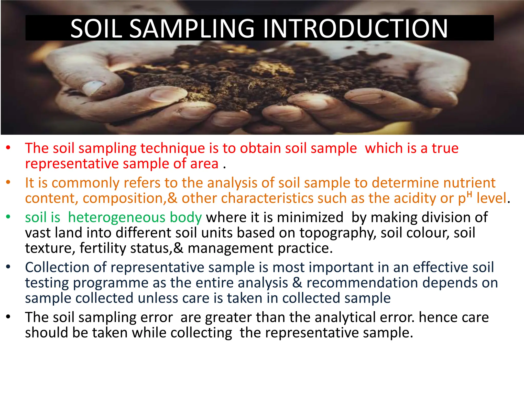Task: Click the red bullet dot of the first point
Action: tap(8, 148)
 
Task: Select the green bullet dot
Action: tap(8, 217)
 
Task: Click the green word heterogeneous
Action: tap(135, 217)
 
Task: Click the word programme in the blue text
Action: tap(111, 283)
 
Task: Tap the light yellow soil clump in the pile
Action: tap(266, 67)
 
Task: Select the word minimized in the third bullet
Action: tap(310, 217)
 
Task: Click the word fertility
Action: tap(103, 248)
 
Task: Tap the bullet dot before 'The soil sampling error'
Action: tap(8, 317)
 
